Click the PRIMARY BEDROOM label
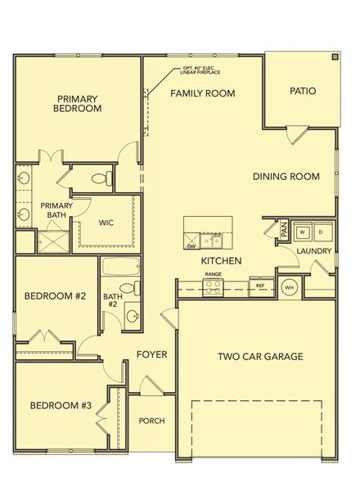(x=77, y=102)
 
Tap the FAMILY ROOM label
(x=202, y=93)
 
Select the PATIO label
(x=303, y=92)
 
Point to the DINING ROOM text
(x=286, y=176)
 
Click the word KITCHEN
(x=220, y=260)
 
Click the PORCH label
(x=151, y=421)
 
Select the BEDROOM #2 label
(x=55, y=296)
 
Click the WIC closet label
(x=106, y=222)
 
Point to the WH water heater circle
(x=289, y=287)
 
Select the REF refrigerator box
(x=260, y=286)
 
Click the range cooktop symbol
(x=214, y=286)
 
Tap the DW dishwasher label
(x=191, y=245)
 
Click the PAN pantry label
(x=284, y=232)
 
